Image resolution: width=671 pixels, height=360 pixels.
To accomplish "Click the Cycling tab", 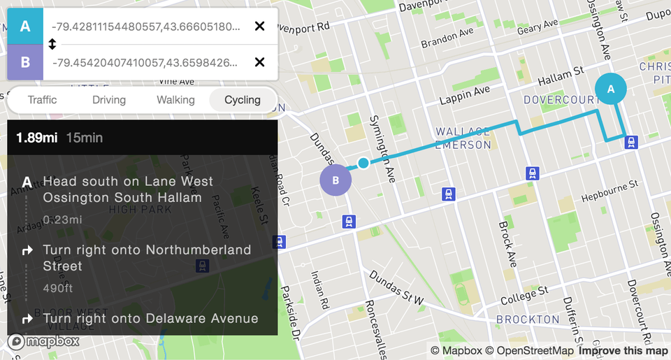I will point(243,100).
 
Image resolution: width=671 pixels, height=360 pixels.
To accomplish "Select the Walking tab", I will point(175,100).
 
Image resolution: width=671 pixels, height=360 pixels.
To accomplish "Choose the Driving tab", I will point(109,100).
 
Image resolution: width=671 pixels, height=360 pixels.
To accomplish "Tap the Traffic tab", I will point(42,100).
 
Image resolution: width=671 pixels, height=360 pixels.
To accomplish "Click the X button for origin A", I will point(259,27).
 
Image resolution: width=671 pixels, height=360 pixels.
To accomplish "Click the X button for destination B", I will point(259,62).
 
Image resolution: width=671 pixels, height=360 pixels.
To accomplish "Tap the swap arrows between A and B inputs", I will point(52,45).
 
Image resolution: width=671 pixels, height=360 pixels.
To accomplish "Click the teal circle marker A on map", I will point(611,89).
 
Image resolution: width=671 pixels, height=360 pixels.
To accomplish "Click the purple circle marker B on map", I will point(335,180).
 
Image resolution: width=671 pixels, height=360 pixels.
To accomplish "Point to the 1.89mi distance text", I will point(37,138).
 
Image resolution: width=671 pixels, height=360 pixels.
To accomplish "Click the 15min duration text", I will point(85,138).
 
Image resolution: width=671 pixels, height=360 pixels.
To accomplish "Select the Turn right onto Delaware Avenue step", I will point(150,319).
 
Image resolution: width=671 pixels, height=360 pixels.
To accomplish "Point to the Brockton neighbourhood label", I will point(528,319).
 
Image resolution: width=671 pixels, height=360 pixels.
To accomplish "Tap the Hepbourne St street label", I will point(609,191).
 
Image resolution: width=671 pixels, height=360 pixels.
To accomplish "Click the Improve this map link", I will point(623,351).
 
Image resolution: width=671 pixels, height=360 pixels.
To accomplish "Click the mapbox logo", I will point(43,341).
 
